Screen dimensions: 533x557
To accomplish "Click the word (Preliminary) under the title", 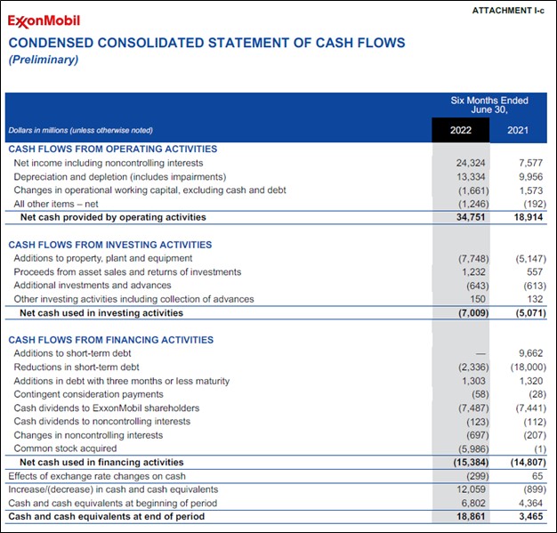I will point(44,60).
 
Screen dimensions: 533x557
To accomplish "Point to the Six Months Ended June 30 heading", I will point(489,105).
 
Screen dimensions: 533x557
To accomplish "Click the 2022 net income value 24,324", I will point(471,163).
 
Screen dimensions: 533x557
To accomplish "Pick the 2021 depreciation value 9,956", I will point(529,176).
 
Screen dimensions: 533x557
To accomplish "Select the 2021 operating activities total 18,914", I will point(528,217).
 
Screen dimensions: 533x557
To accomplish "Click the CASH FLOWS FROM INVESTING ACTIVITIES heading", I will point(110,245).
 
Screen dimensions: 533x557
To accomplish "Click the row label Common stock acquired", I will point(65,448).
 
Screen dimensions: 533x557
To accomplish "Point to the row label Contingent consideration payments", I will point(88,394).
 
